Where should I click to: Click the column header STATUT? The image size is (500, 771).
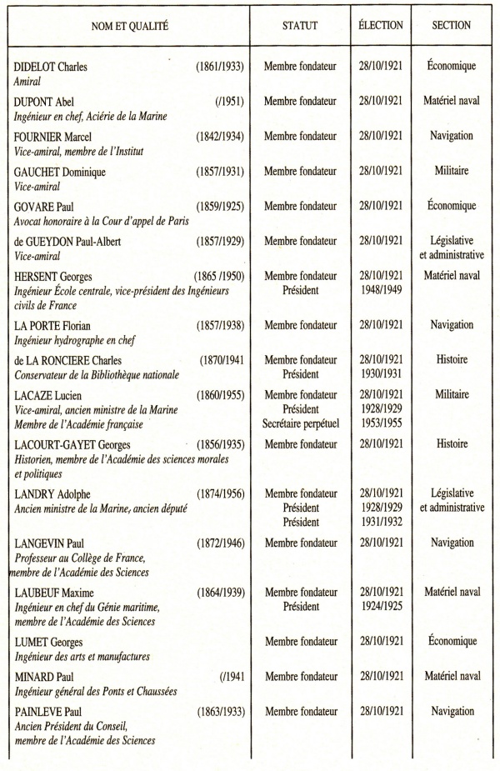pos(300,26)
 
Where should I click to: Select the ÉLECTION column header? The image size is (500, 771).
pos(380,26)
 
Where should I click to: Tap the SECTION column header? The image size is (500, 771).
pos(451,26)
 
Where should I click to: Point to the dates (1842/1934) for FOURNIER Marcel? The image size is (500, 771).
pos(219,136)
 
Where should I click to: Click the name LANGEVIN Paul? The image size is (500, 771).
pos(50,543)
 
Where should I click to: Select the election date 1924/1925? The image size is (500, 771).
pos(380,607)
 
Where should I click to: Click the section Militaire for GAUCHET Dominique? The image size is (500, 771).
pos(451,171)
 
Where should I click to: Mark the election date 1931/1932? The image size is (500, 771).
pos(380,523)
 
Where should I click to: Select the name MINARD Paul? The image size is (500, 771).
pos(45,677)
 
